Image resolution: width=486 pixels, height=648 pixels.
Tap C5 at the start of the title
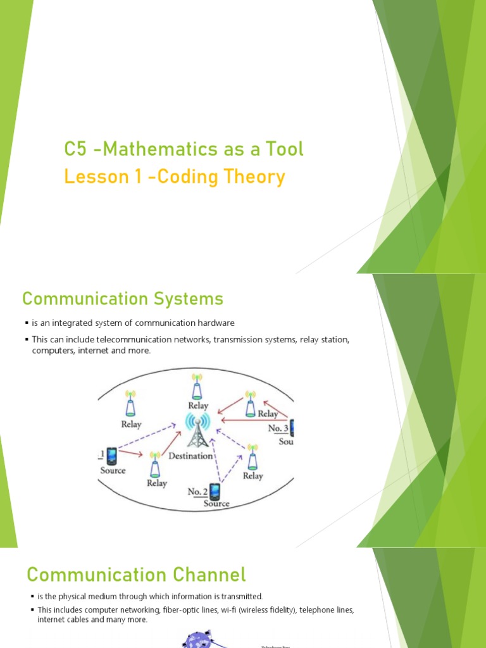[74, 149]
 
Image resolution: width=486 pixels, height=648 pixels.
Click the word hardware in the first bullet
[215, 323]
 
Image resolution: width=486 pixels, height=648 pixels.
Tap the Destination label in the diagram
[190, 456]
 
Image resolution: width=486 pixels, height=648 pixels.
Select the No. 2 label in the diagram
[197, 491]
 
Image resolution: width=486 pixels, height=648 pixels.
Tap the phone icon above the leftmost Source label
[112, 455]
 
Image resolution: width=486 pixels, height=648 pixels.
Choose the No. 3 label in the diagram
[278, 428]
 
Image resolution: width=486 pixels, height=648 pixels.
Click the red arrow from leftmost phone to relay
[132, 454]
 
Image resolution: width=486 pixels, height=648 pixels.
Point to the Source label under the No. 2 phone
[216, 504]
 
